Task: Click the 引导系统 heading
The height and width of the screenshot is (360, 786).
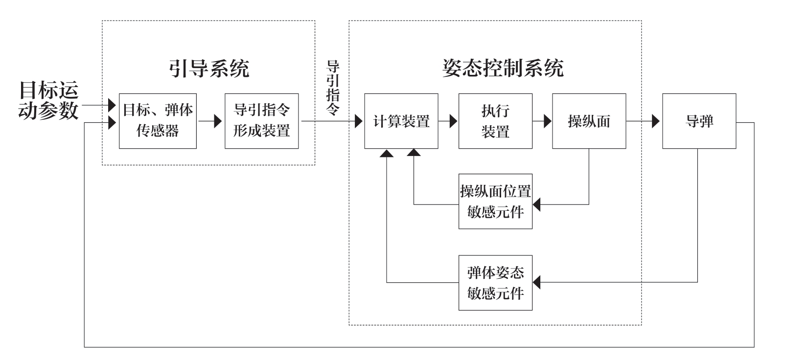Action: tap(209, 68)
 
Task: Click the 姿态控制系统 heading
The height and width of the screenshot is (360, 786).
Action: tap(503, 68)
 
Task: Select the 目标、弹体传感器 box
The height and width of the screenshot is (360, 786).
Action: tap(158, 121)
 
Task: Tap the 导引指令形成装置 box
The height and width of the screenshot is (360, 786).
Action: tap(261, 121)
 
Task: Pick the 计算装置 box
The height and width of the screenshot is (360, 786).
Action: tap(401, 121)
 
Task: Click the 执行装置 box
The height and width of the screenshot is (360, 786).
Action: tap(495, 121)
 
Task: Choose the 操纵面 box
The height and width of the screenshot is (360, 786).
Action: tap(589, 121)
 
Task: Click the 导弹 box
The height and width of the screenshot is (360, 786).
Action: tap(699, 121)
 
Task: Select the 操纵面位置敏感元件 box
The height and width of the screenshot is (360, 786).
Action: tap(495, 201)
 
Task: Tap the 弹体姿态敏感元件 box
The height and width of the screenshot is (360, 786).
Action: tap(495, 283)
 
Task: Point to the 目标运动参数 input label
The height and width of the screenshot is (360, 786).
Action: tap(48, 101)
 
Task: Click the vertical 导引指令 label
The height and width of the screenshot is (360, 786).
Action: tap(333, 88)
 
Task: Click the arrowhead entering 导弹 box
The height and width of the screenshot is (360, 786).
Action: tap(656, 121)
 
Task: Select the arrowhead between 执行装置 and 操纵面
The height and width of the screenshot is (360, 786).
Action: tap(547, 121)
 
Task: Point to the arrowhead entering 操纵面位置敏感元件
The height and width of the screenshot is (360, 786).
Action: tap(537, 204)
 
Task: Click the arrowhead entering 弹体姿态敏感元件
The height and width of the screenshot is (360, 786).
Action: tap(537, 282)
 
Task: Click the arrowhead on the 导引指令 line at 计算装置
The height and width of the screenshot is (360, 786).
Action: tap(359, 121)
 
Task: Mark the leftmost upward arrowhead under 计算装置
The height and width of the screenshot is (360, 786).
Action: tap(387, 153)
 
